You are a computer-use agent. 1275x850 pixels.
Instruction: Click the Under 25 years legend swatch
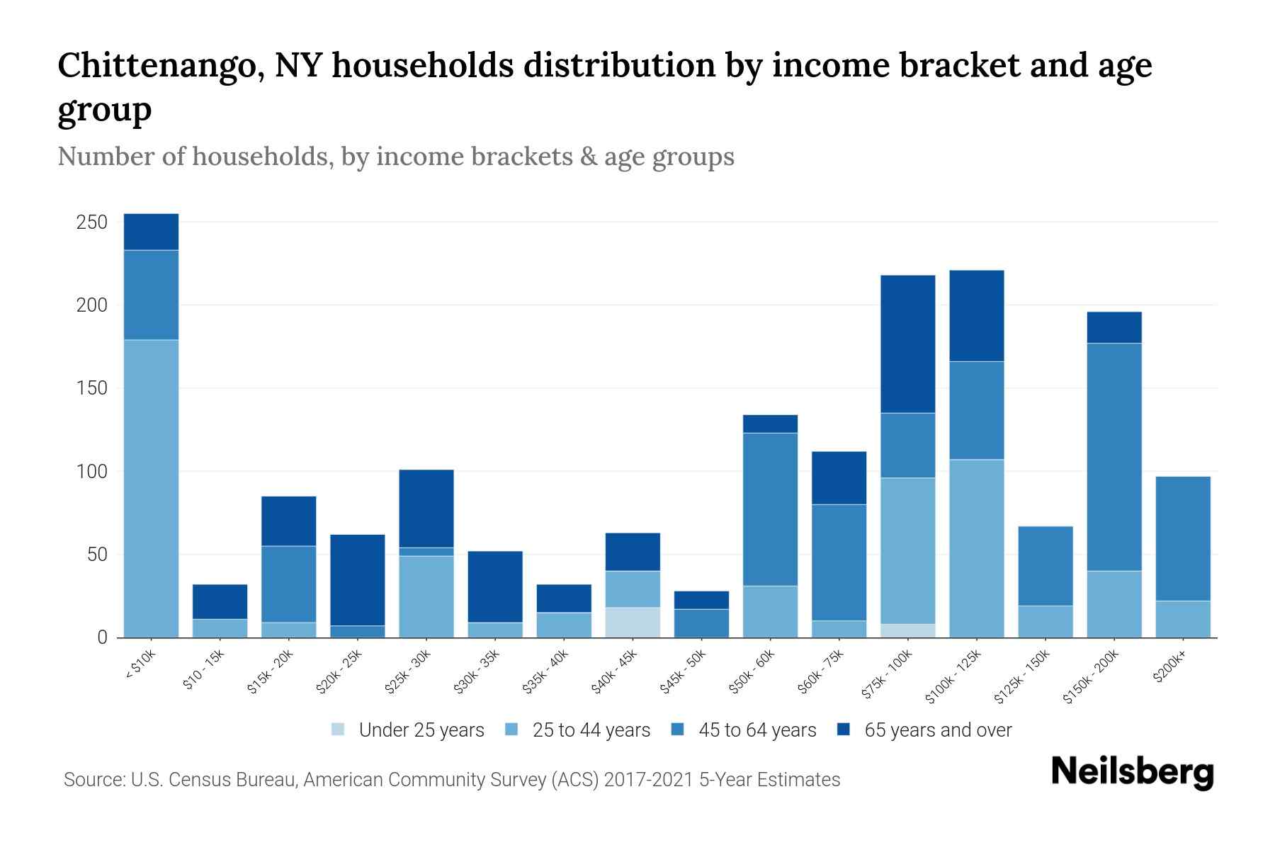338,730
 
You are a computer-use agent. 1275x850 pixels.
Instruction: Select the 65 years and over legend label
938,730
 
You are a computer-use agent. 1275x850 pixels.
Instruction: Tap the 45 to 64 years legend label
757,730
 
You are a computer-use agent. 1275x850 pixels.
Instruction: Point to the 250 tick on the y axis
92,222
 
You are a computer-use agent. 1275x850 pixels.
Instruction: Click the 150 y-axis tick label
92,388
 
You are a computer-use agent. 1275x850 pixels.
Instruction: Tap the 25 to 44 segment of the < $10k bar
151,489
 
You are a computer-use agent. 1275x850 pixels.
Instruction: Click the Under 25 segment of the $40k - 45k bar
633,622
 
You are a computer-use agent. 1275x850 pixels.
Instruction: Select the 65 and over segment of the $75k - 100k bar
907,344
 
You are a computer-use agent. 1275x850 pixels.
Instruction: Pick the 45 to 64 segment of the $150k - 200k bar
1114,457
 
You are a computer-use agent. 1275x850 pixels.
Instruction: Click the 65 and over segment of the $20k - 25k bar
358,579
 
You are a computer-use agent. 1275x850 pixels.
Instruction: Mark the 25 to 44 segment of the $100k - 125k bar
976,548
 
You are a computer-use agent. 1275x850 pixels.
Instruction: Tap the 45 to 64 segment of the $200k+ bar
1183,538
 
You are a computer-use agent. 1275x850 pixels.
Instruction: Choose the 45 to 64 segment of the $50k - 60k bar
770,509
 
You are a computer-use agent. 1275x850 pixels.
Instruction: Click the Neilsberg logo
1132,772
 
